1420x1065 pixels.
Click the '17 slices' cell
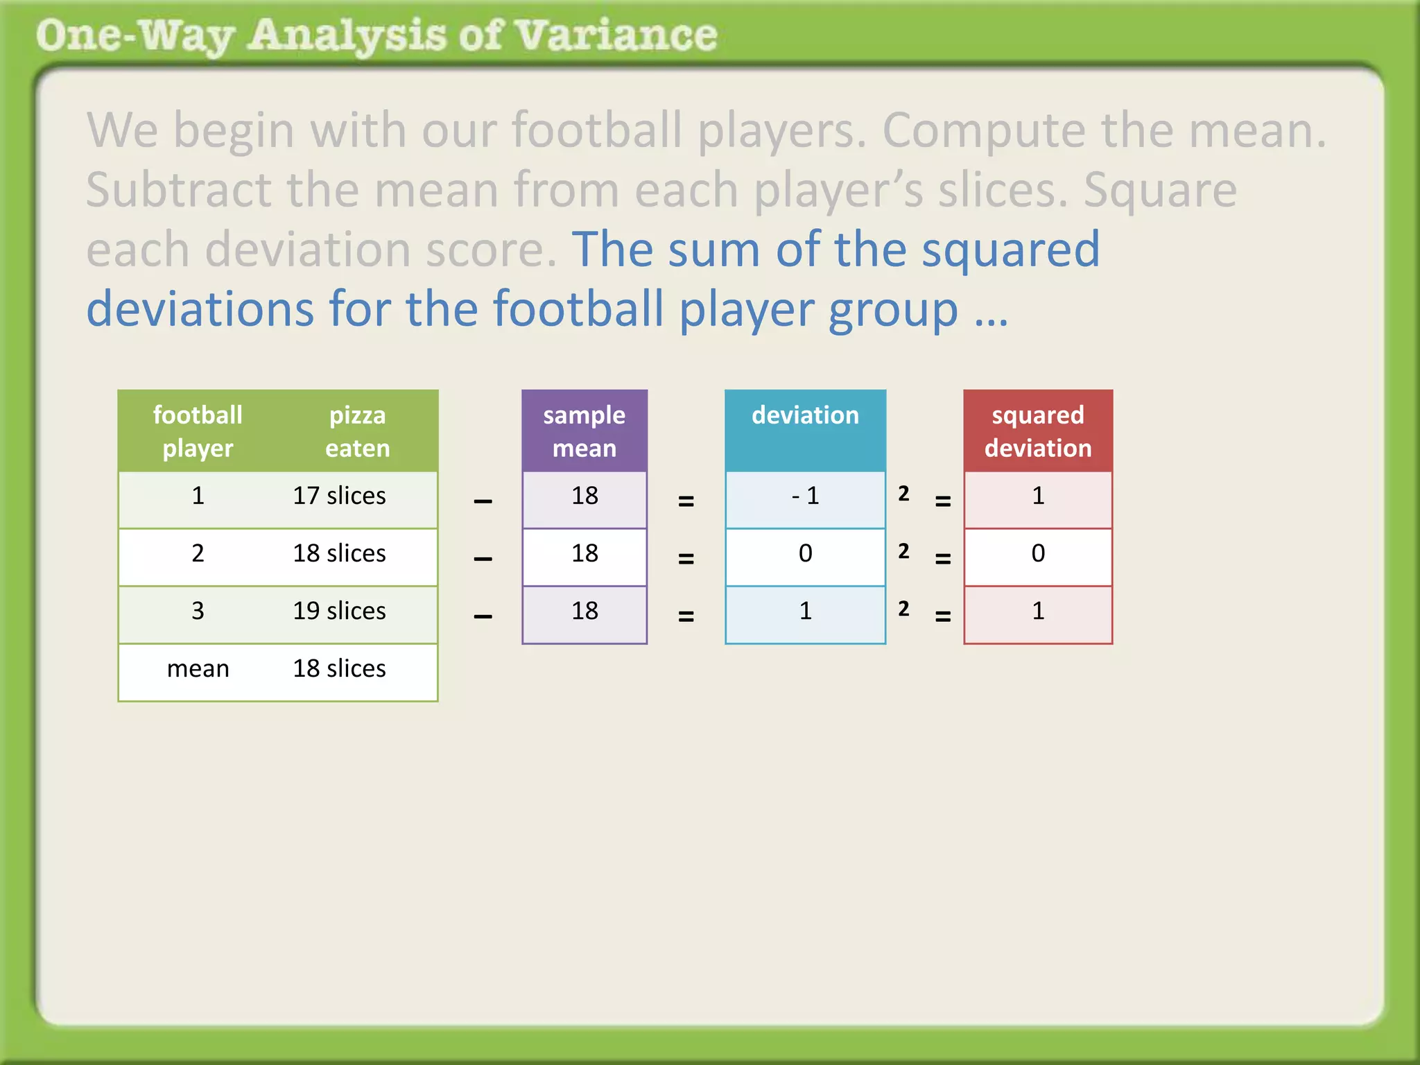coord(339,496)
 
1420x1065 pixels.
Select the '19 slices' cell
coord(339,611)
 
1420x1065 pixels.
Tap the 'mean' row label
coord(198,668)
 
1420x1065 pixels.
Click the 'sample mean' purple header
coord(585,431)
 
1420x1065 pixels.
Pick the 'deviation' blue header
coord(805,415)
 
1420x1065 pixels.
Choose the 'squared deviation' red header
coord(1038,431)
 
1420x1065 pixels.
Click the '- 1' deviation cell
coord(805,496)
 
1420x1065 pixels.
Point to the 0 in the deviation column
coord(805,553)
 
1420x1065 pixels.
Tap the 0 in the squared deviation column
coord(1038,553)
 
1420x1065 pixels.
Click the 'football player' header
coord(198,431)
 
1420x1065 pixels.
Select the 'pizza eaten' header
coord(357,431)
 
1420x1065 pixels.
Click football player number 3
coord(198,611)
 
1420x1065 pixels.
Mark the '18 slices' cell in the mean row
coord(339,668)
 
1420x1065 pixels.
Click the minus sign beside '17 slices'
coord(483,501)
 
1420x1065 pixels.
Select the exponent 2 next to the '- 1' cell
coord(903,494)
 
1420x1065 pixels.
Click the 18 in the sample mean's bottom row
coord(585,611)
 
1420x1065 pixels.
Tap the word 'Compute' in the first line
coord(984,130)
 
